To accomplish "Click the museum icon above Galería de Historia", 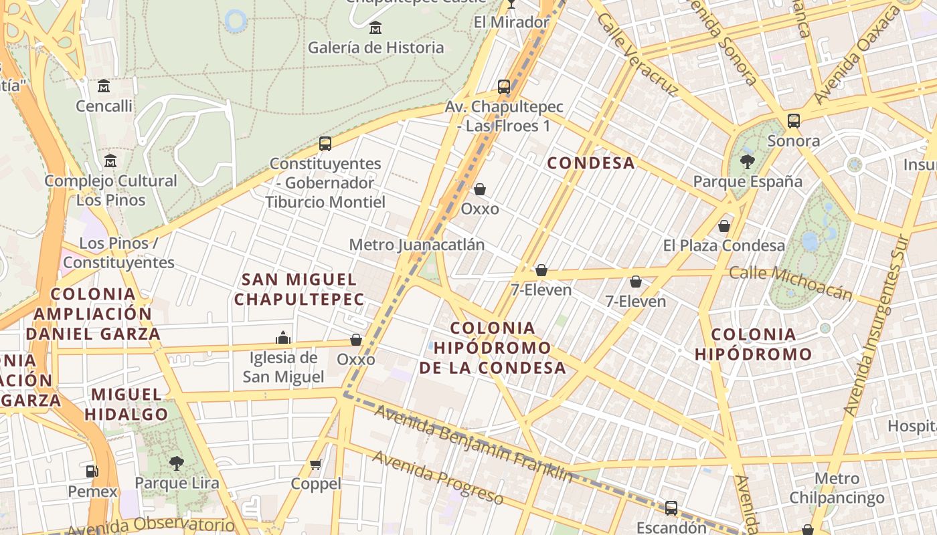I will (x=375, y=28).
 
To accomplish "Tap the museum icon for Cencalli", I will (x=104, y=86).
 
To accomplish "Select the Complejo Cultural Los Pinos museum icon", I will (x=110, y=161).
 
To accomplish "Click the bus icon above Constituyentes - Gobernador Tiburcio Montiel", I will (x=325, y=144).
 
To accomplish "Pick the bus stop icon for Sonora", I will (x=794, y=121).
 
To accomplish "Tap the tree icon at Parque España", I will (x=748, y=161).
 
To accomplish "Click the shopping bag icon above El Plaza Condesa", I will (x=724, y=226).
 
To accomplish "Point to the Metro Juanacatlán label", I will (x=416, y=245).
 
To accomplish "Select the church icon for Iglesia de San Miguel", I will (x=283, y=338).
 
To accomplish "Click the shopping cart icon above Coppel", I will (x=316, y=464).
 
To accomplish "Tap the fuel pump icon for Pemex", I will (x=92, y=471).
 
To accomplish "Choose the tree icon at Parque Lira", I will (x=176, y=463).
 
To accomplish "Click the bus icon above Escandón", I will (x=671, y=508).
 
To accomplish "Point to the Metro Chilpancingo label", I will (x=837, y=488).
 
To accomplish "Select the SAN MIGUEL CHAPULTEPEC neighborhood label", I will (x=299, y=289).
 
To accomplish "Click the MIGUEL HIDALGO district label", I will (x=126, y=404).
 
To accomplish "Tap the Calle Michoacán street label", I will (x=790, y=282).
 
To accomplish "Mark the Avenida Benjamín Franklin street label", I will (x=473, y=443).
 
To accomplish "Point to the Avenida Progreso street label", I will (x=438, y=477).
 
